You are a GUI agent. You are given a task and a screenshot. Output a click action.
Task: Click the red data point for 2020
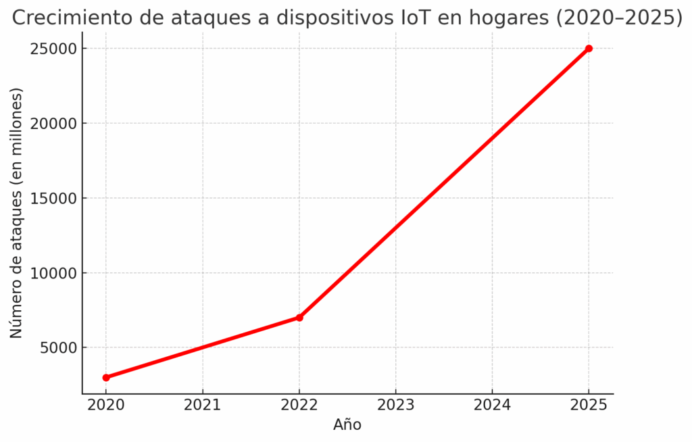(x=106, y=378)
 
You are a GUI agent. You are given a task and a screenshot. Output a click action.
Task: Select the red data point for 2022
(x=299, y=318)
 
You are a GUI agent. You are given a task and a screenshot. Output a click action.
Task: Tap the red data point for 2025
(x=589, y=49)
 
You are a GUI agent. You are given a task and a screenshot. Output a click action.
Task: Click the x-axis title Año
(x=347, y=425)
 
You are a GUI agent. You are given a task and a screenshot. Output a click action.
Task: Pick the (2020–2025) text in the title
(x=619, y=18)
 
